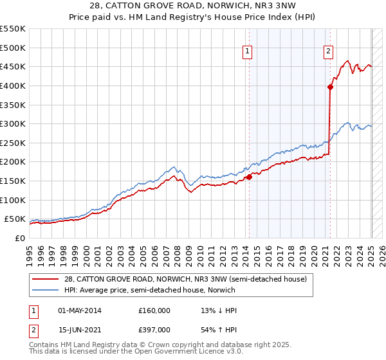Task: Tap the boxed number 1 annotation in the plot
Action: [248, 53]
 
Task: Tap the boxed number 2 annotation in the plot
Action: [328, 53]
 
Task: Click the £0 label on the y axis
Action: [21, 238]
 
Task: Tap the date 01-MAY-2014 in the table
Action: [80, 310]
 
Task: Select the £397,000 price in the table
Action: [154, 330]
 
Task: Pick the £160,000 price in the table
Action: [154, 310]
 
